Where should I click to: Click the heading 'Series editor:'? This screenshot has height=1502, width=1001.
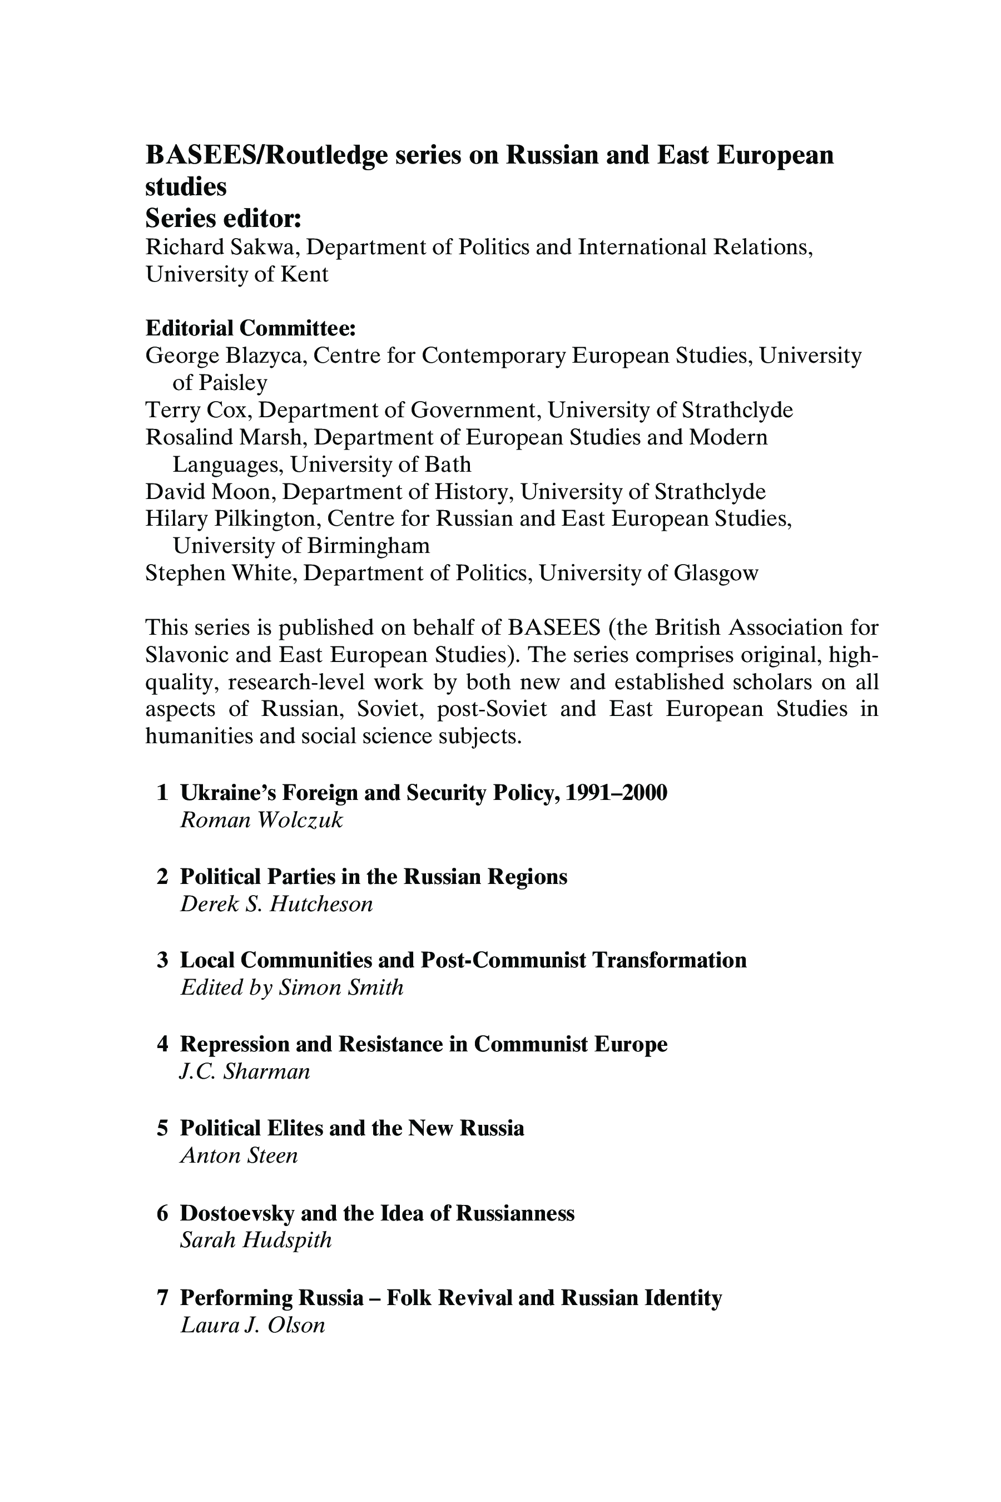[223, 219]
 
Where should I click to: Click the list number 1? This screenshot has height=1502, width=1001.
[162, 793]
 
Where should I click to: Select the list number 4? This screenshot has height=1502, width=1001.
[162, 1044]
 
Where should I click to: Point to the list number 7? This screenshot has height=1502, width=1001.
[162, 1298]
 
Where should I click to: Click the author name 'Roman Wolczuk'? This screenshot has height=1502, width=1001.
[262, 820]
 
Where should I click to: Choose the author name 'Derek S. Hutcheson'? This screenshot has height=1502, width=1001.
[276, 905]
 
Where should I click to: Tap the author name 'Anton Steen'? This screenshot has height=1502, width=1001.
[239, 1156]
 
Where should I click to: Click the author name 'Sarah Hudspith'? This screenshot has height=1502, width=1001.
[256, 1240]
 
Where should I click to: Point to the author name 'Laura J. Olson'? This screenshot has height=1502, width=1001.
[253, 1325]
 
